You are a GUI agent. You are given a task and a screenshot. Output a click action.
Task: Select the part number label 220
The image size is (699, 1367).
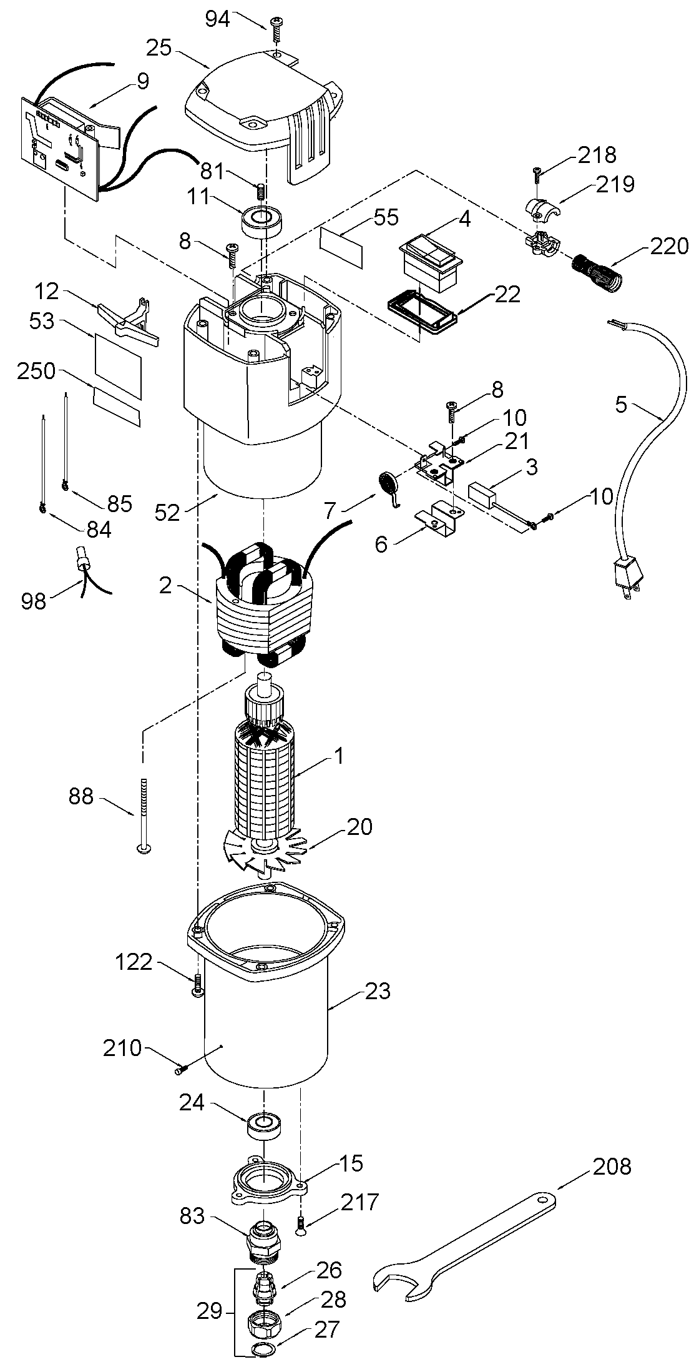tap(665, 246)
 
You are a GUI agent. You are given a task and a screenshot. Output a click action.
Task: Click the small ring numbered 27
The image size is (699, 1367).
tap(264, 1350)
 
